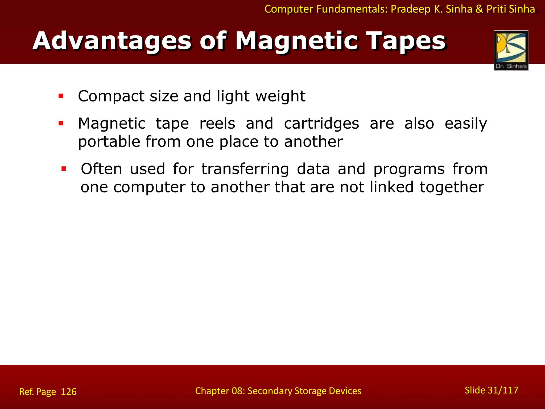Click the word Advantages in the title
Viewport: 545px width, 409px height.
[x=112, y=41]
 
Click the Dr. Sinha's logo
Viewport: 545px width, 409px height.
[x=511, y=50]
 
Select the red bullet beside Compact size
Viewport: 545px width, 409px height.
[x=61, y=96]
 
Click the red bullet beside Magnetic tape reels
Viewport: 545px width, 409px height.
[x=61, y=123]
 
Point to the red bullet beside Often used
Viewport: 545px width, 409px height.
[x=64, y=169]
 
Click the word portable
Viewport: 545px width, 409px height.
[x=109, y=142]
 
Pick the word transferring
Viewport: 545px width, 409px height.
[x=245, y=169]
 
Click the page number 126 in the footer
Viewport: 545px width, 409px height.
[x=69, y=392]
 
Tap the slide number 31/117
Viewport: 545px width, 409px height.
[x=503, y=390]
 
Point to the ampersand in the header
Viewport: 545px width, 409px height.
[x=479, y=9]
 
